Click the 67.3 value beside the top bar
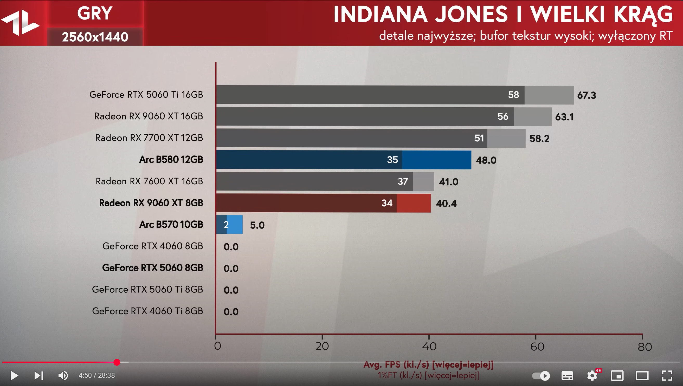(x=586, y=95)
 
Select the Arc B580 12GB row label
(x=171, y=160)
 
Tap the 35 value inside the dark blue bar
(x=392, y=160)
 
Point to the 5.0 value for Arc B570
(x=257, y=225)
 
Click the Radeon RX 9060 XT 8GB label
(x=151, y=203)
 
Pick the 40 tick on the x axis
(x=429, y=346)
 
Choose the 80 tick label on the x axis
(x=645, y=347)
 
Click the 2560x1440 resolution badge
(x=95, y=37)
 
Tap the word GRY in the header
(x=95, y=13)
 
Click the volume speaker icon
(x=63, y=375)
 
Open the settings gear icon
(x=592, y=375)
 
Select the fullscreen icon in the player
(x=667, y=375)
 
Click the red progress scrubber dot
(x=117, y=362)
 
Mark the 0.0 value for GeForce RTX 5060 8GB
(x=231, y=269)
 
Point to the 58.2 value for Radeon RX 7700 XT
(x=539, y=138)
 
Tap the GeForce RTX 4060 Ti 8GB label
(x=147, y=311)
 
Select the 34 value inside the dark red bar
(x=387, y=203)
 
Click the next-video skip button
(x=38, y=375)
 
